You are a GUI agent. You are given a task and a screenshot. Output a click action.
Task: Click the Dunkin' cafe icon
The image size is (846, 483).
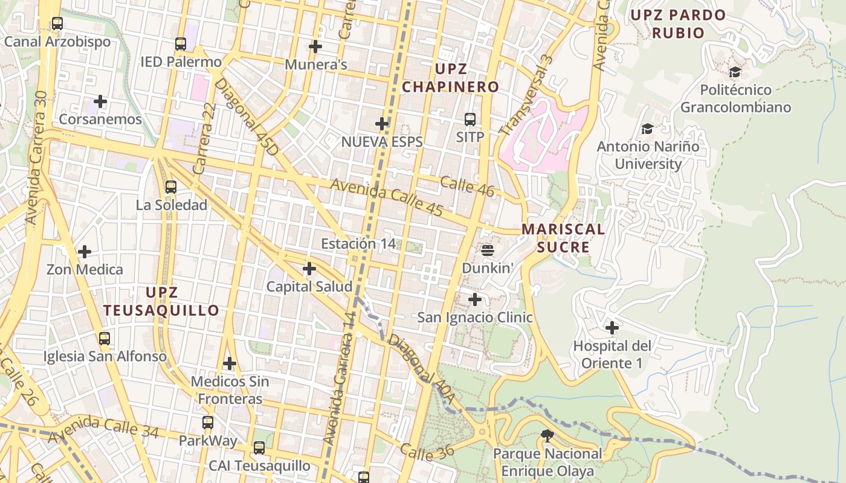tap(488, 249)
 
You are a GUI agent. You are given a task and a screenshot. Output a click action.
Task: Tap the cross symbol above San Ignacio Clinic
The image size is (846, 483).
tap(475, 299)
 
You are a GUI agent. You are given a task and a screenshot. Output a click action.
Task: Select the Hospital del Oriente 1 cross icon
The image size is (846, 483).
tap(612, 328)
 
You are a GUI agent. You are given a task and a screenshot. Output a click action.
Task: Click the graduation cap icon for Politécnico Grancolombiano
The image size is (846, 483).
tap(735, 72)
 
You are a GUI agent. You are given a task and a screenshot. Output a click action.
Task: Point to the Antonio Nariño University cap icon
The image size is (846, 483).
tap(647, 129)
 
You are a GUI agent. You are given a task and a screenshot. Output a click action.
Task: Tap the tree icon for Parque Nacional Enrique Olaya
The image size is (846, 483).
tap(547, 435)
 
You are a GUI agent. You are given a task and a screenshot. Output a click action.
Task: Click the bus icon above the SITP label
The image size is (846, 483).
tap(470, 119)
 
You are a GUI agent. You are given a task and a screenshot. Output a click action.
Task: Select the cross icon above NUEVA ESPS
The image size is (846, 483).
tap(382, 124)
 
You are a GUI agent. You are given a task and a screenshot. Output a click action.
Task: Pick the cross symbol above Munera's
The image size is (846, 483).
tap(315, 46)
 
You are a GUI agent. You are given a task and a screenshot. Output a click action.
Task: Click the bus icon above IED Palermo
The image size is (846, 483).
tap(181, 43)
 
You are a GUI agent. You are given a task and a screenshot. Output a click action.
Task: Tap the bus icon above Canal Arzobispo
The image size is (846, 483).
tap(57, 24)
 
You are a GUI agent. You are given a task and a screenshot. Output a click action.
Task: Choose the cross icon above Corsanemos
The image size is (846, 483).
tap(100, 101)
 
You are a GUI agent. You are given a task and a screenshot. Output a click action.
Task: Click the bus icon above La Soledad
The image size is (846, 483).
tap(171, 187)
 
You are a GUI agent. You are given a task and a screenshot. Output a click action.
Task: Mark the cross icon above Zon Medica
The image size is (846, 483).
tap(85, 251)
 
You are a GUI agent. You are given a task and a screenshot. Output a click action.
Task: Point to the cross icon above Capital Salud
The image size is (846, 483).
tap(309, 269)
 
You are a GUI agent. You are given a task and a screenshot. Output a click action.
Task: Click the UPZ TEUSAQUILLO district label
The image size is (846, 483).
tap(161, 301)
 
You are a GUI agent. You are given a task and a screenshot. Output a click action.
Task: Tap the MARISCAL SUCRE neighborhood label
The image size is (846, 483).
tap(563, 238)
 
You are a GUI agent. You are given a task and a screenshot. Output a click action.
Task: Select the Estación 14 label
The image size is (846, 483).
tap(358, 244)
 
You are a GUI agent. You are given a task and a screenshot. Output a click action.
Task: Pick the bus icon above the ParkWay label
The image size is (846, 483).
tap(208, 423)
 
